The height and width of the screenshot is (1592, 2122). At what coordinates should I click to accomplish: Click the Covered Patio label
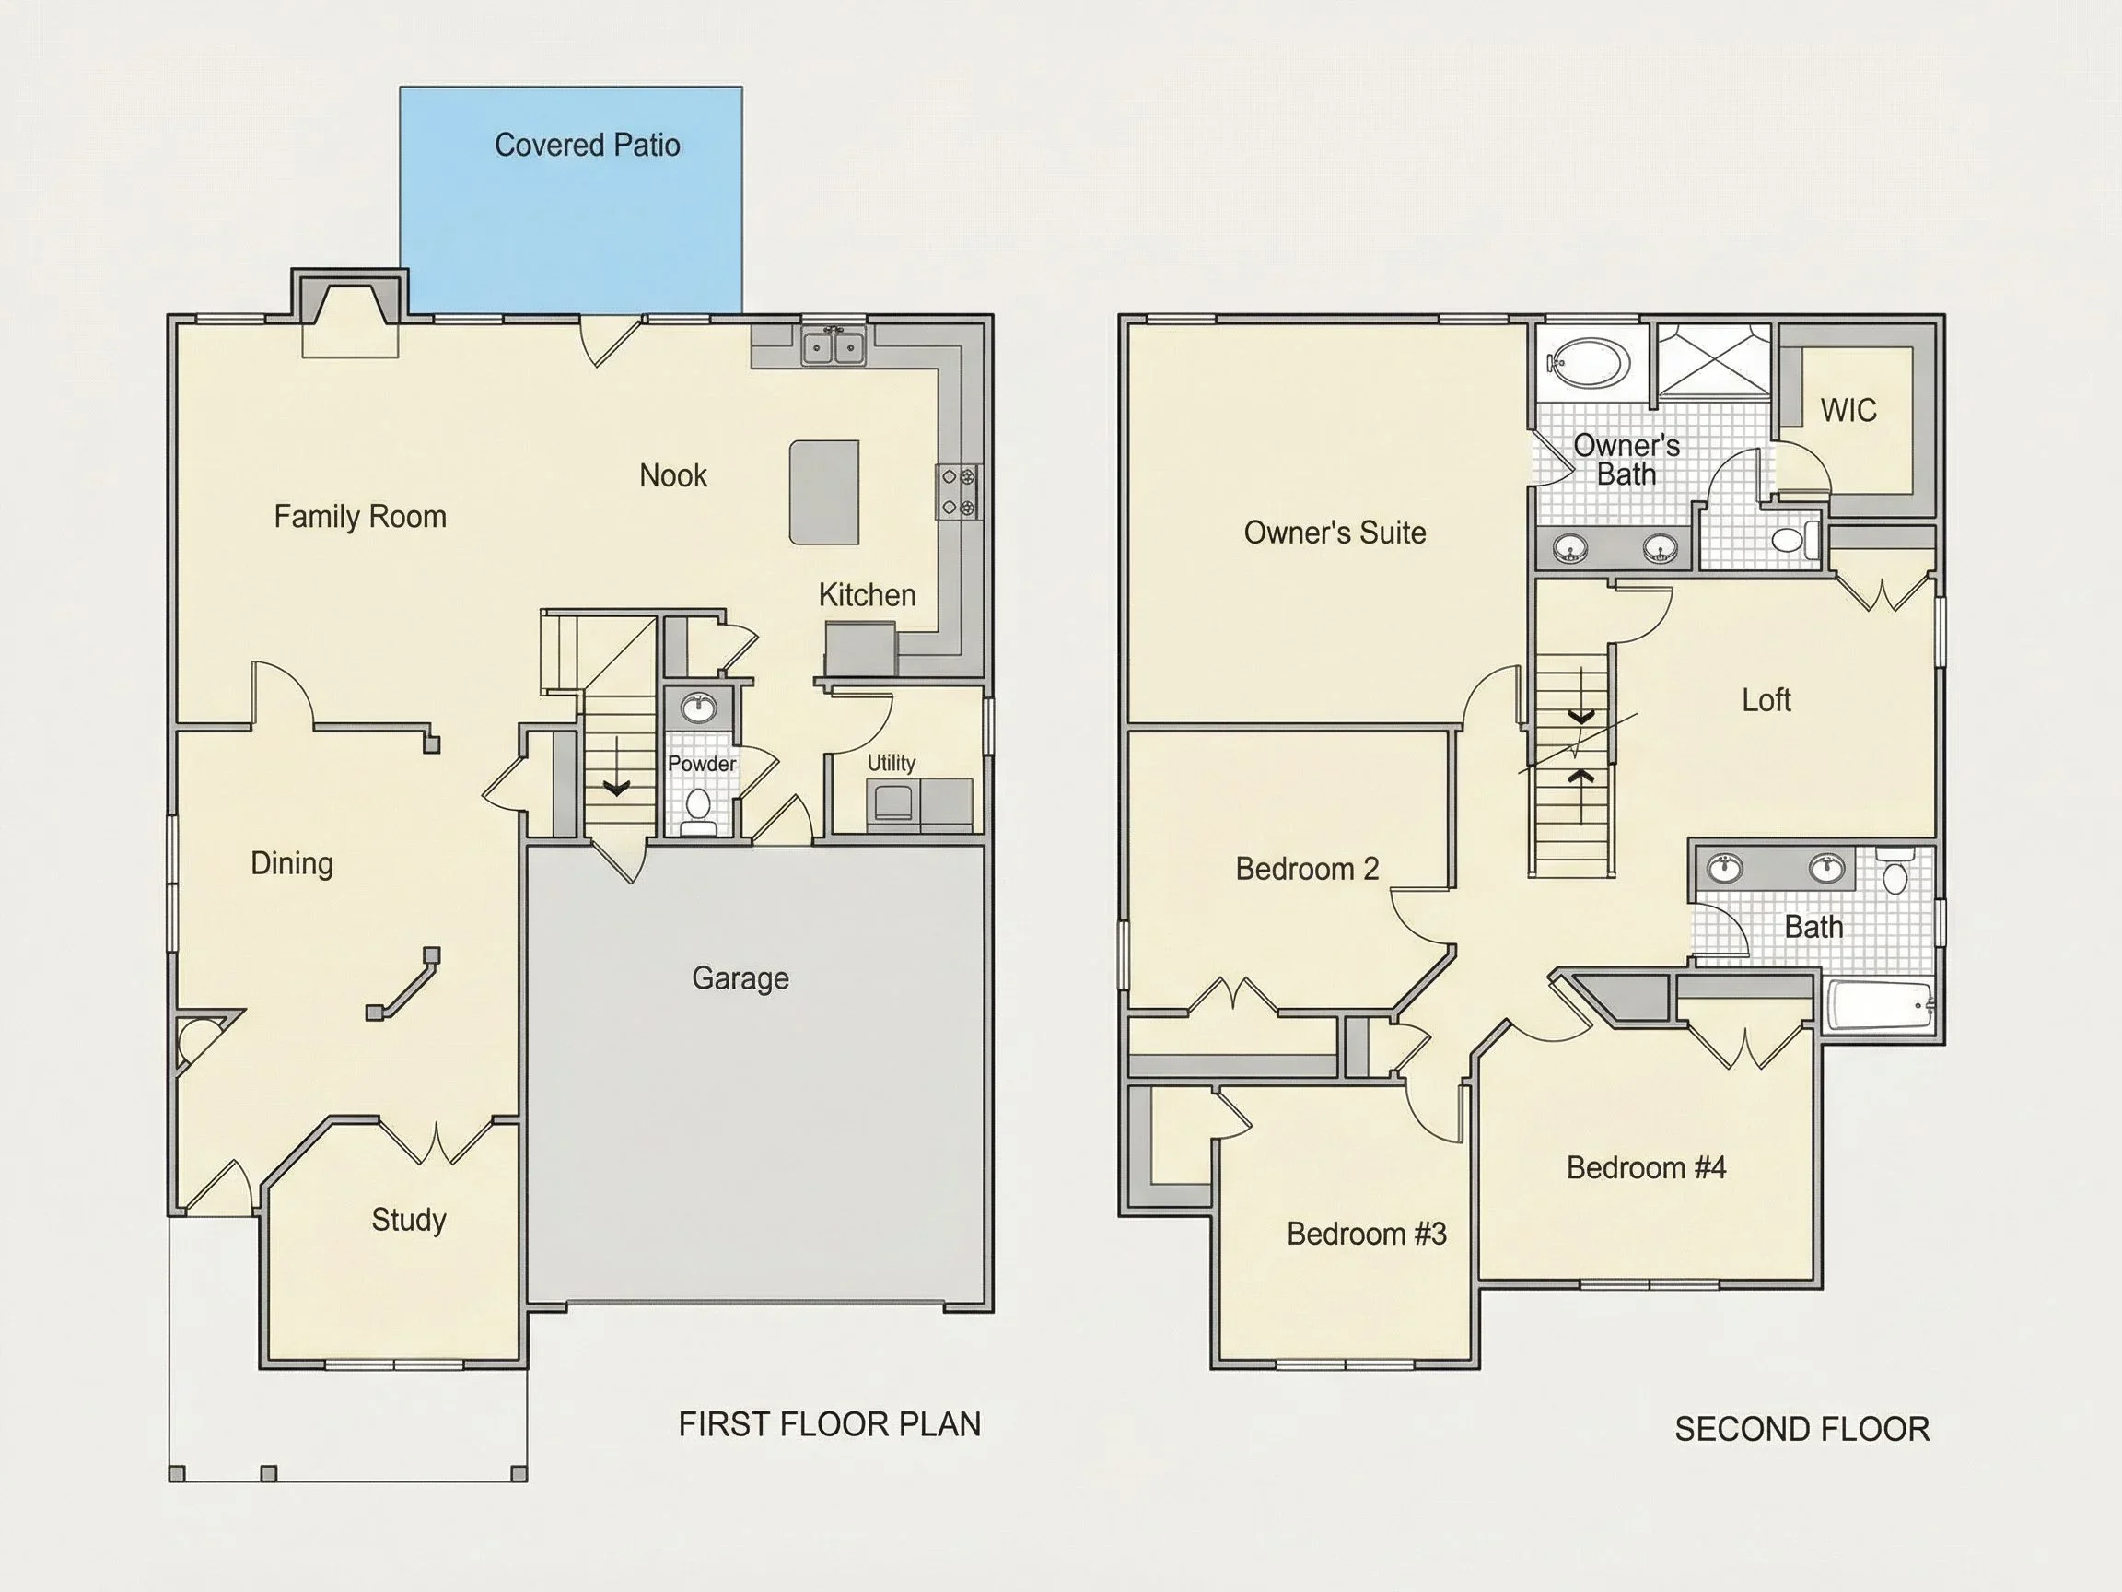[587, 145]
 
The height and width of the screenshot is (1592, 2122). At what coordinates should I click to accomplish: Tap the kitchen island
[824, 492]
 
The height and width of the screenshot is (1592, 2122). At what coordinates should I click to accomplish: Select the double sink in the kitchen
[833, 345]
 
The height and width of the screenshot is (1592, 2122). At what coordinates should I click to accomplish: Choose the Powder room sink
[698, 709]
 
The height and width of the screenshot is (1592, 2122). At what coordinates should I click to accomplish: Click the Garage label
[740, 978]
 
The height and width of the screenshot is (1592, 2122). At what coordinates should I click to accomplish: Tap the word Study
[409, 1220]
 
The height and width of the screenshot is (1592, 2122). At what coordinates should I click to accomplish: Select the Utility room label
[892, 763]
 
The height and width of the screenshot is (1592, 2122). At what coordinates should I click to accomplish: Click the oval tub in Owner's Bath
[1590, 364]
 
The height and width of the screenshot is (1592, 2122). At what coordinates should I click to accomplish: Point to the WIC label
[1848, 410]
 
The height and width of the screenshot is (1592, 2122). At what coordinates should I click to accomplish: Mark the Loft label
[1766, 700]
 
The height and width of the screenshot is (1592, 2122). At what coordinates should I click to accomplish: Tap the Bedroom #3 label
[1366, 1233]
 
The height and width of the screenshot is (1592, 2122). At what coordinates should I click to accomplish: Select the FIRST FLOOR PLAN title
[830, 1424]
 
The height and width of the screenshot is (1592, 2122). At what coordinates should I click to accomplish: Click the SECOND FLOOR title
[1801, 1429]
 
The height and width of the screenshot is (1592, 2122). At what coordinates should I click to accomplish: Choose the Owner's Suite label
[1335, 533]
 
